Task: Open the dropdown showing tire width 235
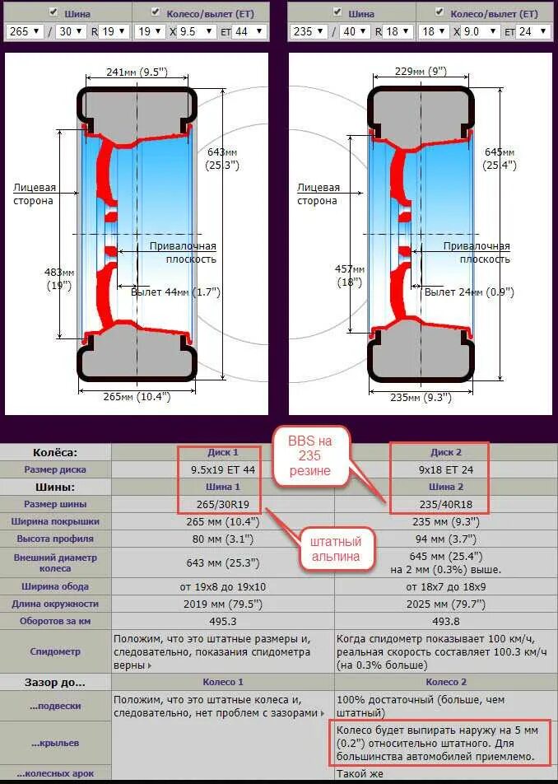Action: coord(309,31)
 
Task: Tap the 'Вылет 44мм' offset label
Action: coord(175,292)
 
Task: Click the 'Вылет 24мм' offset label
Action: coord(468,292)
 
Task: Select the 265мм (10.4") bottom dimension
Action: coord(137,397)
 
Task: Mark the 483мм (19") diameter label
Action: coord(59,278)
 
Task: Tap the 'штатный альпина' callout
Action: coord(335,548)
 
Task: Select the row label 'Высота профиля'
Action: coord(55,539)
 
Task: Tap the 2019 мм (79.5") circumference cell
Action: coord(223,604)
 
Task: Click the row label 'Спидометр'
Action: coord(55,651)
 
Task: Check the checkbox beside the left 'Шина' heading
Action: coord(53,12)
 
